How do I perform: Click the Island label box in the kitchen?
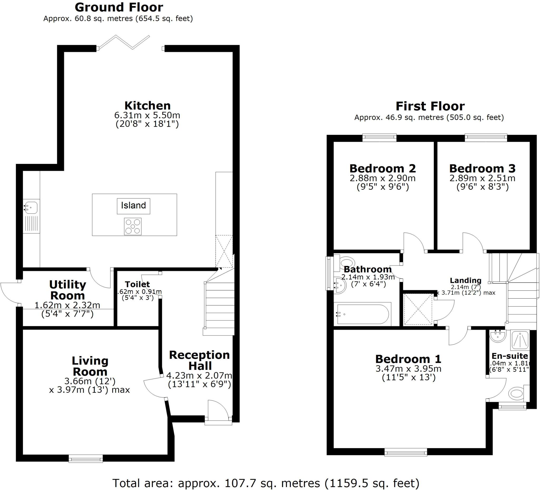(x=133, y=206)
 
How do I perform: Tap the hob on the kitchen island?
(x=133, y=226)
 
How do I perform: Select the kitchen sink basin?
(x=32, y=208)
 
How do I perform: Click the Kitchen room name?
(x=147, y=105)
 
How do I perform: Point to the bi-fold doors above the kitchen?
(x=123, y=42)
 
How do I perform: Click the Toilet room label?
(x=137, y=284)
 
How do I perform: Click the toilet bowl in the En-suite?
(x=516, y=394)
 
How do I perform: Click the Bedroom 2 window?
(x=379, y=138)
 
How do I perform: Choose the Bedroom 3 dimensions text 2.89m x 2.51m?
(x=482, y=178)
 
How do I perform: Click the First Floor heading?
(x=430, y=106)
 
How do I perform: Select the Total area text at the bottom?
(x=266, y=483)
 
